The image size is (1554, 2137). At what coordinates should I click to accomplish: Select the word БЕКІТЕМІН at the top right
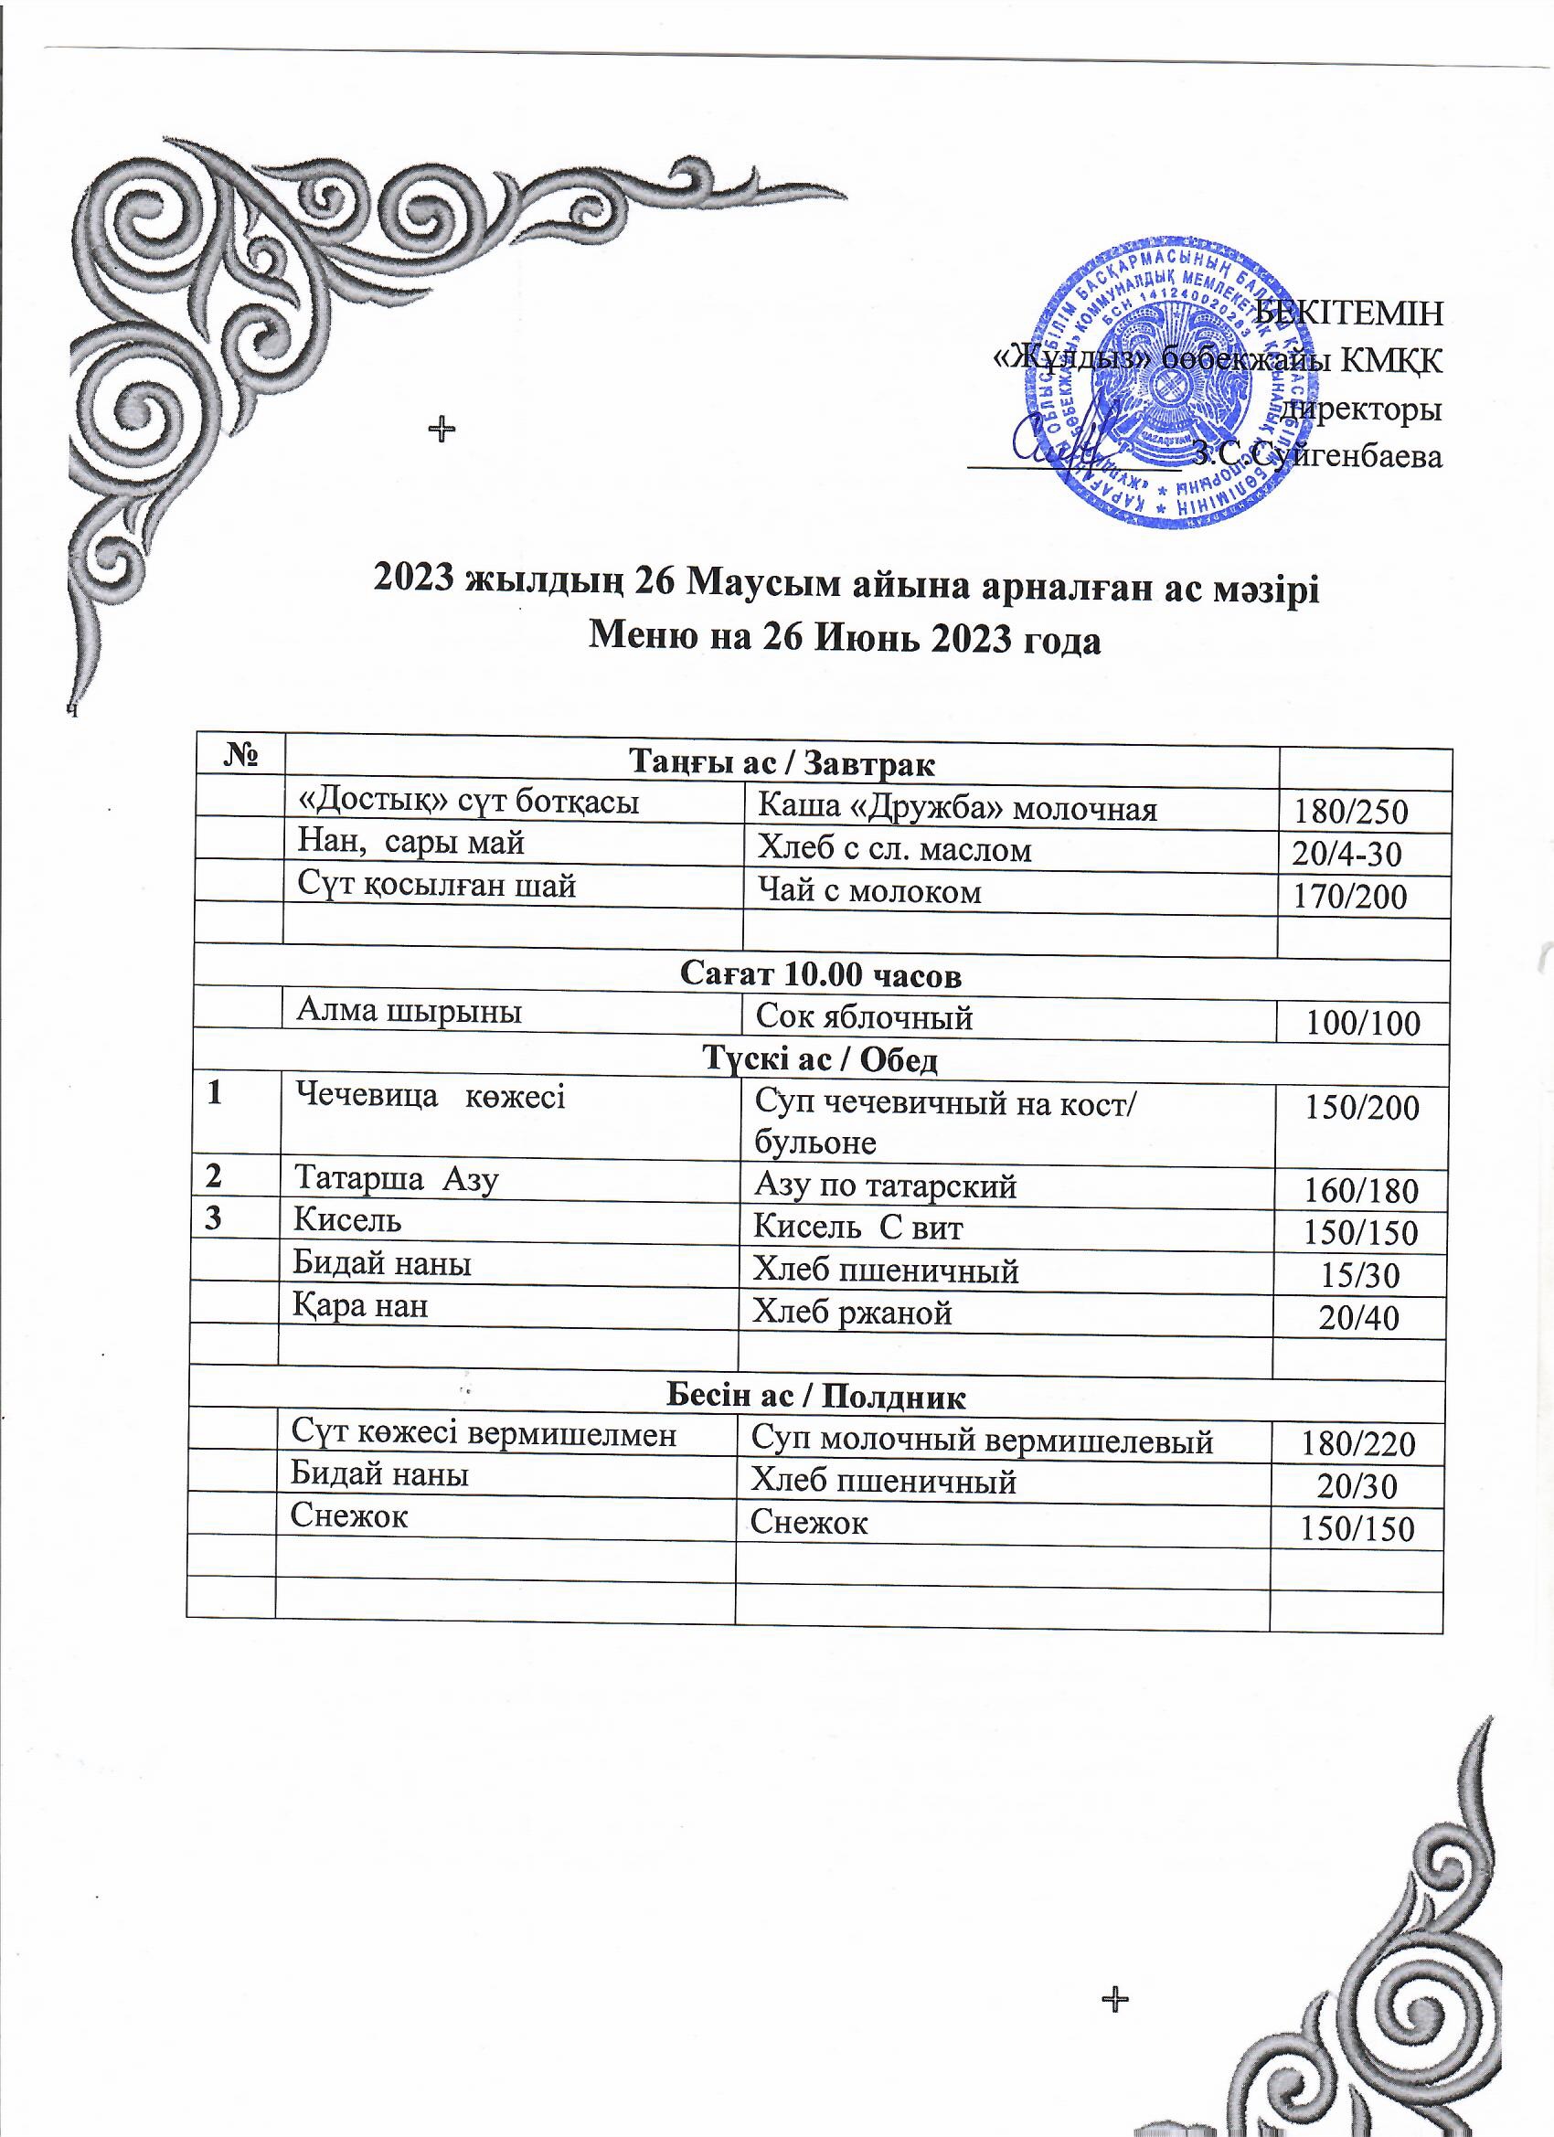(1348, 312)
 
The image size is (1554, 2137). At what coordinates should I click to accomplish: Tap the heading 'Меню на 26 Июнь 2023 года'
(845, 640)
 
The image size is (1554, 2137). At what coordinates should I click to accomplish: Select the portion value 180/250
(1350, 812)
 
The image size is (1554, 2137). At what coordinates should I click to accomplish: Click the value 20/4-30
(1346, 854)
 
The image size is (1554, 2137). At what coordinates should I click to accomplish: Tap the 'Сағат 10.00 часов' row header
(820, 975)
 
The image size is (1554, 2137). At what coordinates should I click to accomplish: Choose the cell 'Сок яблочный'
(864, 1017)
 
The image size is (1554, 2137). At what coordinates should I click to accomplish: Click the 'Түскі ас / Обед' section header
(820, 1060)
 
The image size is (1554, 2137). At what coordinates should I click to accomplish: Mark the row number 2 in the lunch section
(215, 1177)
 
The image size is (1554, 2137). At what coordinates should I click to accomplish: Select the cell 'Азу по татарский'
(885, 1186)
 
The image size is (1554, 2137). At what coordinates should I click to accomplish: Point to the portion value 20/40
(1358, 1317)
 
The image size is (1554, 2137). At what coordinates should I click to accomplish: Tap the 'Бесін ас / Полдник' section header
(815, 1397)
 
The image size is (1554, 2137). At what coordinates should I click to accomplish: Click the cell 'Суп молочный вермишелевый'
(981, 1440)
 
